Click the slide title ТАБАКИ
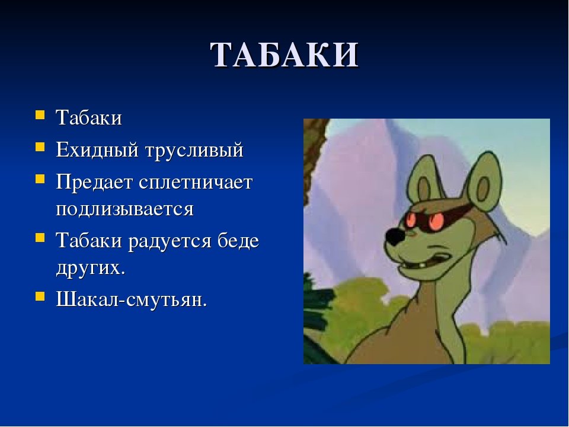coord(285,55)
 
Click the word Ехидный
coord(97,149)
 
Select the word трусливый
coord(194,150)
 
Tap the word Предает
coord(94,182)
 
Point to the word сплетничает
coord(196,182)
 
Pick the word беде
coord(238,240)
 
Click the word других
coord(90,269)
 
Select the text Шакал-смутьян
coord(132,299)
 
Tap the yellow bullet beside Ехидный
coord(40,146)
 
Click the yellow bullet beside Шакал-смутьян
coord(40,297)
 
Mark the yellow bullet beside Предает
coord(40,179)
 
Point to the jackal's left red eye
coord(411,219)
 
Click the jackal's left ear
coord(422,180)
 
